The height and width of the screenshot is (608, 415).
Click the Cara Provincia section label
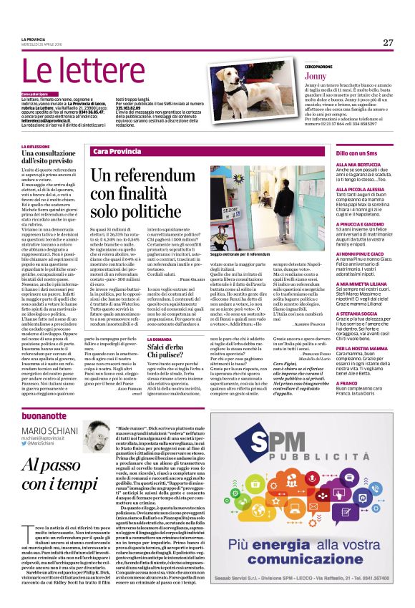click(x=115, y=153)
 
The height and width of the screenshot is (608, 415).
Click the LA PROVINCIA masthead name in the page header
click(x=33, y=37)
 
